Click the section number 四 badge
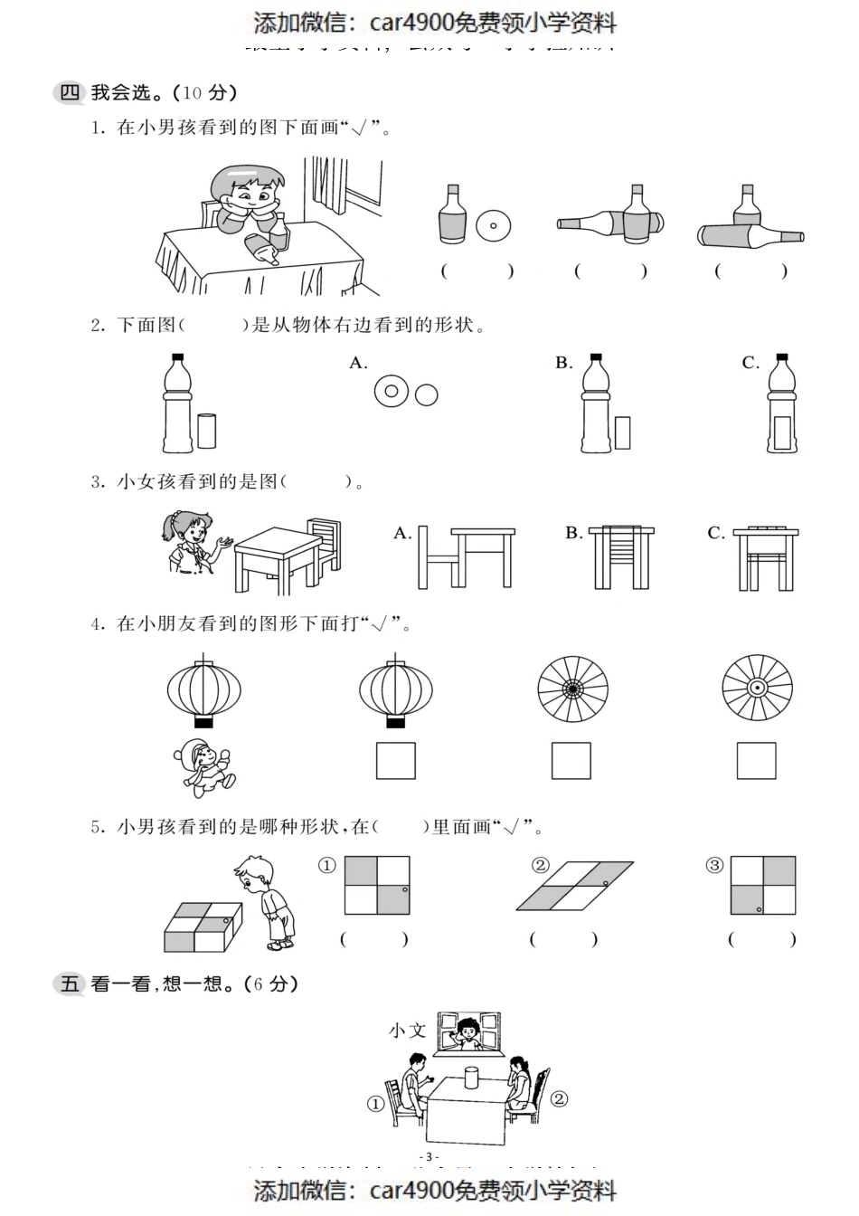tap(70, 92)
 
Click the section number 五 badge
tap(70, 983)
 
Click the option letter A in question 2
tap(358, 364)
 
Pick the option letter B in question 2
tap(563, 364)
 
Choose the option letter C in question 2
tap(750, 364)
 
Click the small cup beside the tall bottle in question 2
tap(207, 431)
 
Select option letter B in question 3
tap(573, 533)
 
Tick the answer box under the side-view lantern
tap(395, 761)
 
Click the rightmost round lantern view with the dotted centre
tap(757, 688)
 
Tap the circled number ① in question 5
tap(327, 866)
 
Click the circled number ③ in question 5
tap(714, 866)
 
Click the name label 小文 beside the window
tap(406, 1030)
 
